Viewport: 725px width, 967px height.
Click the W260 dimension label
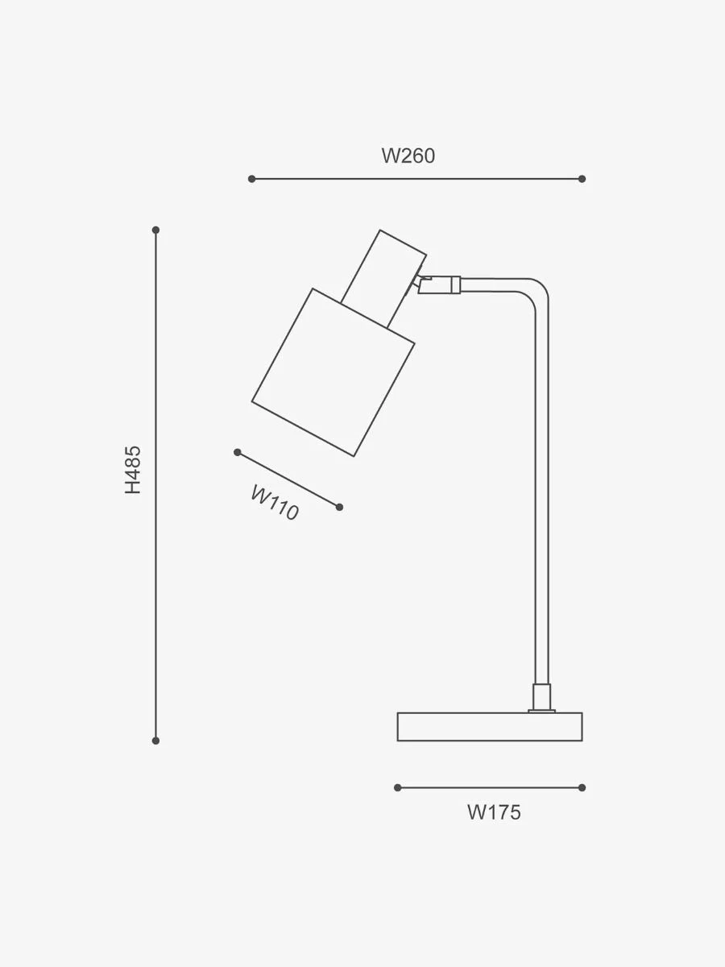(408, 156)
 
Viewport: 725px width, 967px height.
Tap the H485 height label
(132, 470)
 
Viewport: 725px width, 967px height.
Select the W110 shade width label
(275, 503)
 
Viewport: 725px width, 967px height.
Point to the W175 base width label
(494, 812)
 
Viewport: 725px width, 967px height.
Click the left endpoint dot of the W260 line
(252, 179)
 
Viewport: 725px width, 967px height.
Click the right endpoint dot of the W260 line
(582, 179)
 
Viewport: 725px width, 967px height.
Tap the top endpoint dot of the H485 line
(155, 230)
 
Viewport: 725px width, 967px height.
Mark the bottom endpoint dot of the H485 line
(155, 741)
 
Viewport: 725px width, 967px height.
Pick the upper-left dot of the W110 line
(238, 452)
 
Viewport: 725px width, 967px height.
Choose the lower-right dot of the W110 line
(339, 507)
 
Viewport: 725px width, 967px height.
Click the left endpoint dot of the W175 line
(398, 787)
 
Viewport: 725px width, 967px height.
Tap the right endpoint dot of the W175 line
(582, 787)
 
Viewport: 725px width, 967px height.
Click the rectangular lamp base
(490, 727)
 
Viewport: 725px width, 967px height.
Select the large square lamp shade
(333, 372)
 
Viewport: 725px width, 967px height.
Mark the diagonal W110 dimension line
(288, 479)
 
